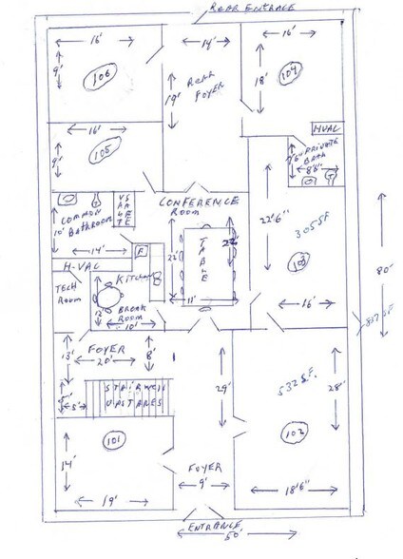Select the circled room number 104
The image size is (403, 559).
tap(294, 69)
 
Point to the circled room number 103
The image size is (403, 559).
tap(298, 260)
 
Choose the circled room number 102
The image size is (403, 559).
tap(289, 438)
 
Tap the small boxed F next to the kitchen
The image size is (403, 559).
tap(141, 252)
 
